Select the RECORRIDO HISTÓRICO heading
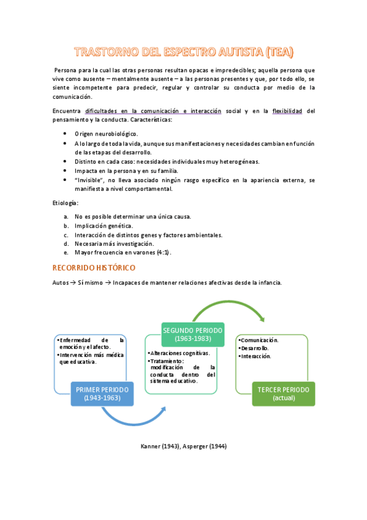[94, 268]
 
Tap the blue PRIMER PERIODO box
[103, 394]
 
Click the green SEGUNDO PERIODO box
[193, 334]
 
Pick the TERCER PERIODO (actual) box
[283, 394]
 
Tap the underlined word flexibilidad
[293, 111]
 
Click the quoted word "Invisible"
[91, 180]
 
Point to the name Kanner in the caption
[151, 446]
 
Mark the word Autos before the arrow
[61, 283]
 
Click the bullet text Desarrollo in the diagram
[256, 348]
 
